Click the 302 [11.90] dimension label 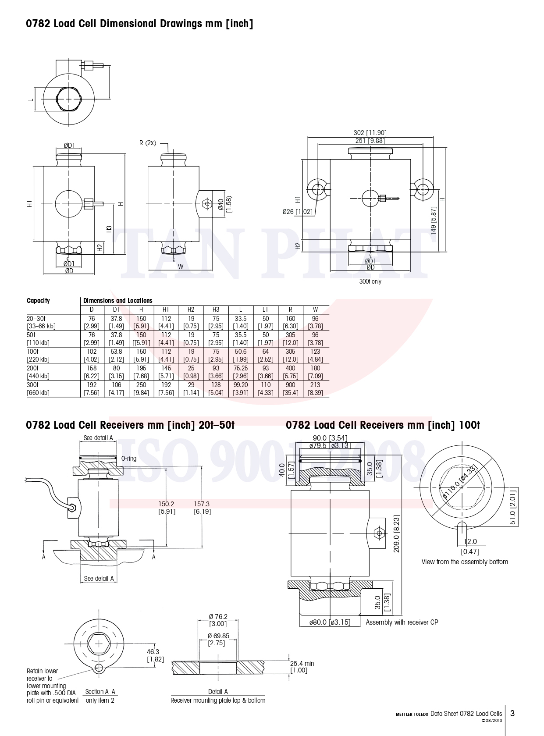[x=370, y=133]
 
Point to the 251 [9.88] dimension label [x=370, y=141]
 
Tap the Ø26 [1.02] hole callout [x=298, y=212]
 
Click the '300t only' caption [x=370, y=281]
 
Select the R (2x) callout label [x=148, y=143]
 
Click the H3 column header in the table [x=216, y=309]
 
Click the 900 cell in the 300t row [x=290, y=385]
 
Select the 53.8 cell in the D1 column [x=116, y=352]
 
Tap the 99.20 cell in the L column [x=241, y=385]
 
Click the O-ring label [x=129, y=459]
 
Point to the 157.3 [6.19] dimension [x=202, y=508]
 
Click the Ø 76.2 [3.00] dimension [x=218, y=620]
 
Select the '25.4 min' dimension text [x=302, y=664]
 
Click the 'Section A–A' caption [x=100, y=692]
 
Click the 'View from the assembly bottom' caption [x=465, y=562]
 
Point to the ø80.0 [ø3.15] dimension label [x=330, y=622]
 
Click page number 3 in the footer [x=512, y=713]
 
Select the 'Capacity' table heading [x=38, y=301]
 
